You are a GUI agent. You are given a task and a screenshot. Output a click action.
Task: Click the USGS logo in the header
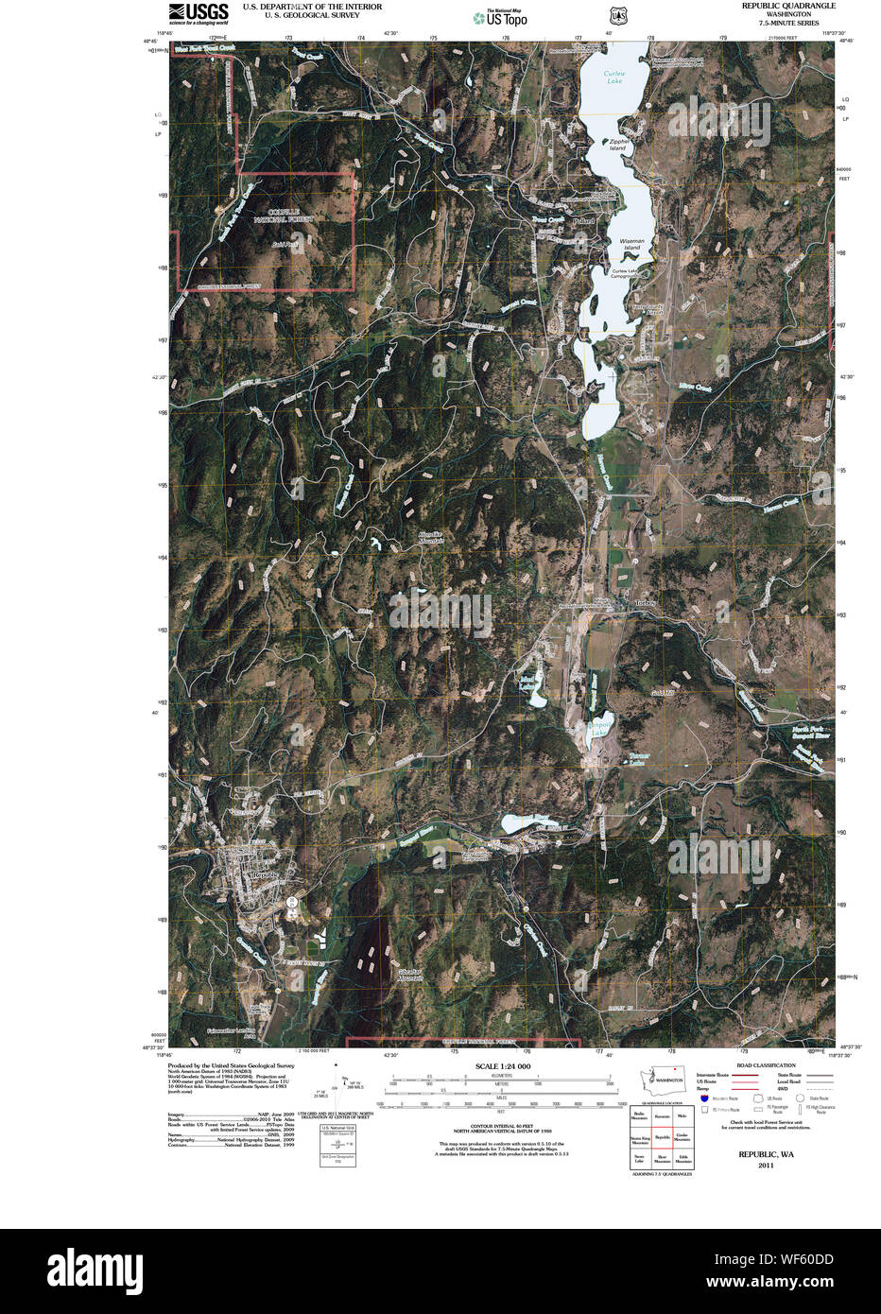198,12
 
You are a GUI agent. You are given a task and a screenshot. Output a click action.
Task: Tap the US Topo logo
501,17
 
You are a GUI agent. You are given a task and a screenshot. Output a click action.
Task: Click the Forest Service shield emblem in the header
617,16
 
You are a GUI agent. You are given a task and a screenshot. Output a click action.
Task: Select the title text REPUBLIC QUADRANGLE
788,6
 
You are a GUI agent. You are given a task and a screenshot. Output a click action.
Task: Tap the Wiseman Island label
632,244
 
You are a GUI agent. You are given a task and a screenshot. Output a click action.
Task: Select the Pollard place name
583,221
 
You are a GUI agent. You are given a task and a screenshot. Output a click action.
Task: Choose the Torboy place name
646,602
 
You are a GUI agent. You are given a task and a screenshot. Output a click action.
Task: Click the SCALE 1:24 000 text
503,1066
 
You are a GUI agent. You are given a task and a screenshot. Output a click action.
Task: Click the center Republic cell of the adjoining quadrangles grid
663,1137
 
